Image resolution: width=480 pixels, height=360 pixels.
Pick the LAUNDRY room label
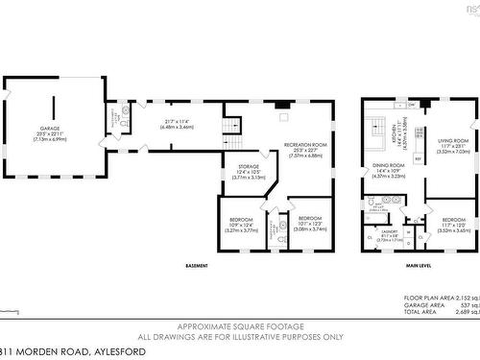click(389, 231)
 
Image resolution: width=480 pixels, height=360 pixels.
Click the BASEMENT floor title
click(199, 266)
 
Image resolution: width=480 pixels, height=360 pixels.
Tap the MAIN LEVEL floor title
click(419, 266)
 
